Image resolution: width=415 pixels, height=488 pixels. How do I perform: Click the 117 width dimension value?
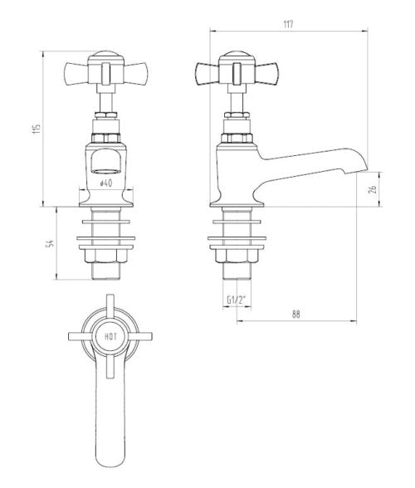click(x=287, y=24)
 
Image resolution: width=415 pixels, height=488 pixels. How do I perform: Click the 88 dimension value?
click(x=295, y=313)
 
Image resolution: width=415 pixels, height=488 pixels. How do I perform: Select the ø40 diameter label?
click(x=105, y=183)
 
